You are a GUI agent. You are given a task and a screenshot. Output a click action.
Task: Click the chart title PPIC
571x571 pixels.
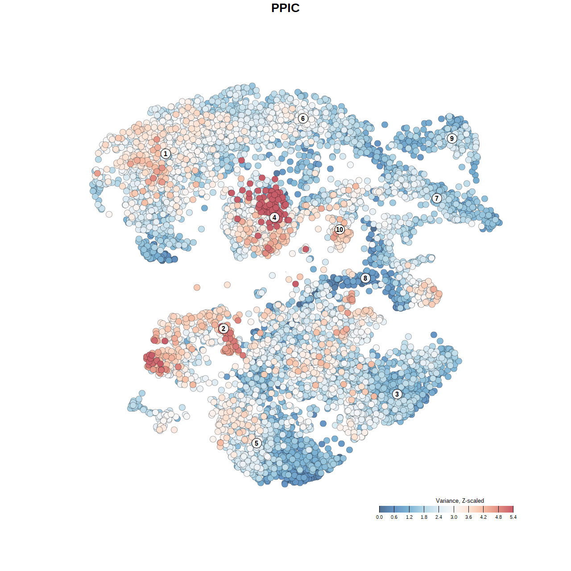tap(285, 8)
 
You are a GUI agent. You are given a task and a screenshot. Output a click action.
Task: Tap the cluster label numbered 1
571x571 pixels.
tap(166, 154)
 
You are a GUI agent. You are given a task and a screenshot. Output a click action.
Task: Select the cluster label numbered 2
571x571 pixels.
tap(223, 329)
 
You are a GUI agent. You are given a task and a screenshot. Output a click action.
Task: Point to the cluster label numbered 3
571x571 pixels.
tap(397, 394)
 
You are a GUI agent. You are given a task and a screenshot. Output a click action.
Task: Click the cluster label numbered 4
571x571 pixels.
tap(274, 217)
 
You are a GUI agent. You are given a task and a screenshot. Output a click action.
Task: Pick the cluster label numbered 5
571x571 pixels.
tap(257, 443)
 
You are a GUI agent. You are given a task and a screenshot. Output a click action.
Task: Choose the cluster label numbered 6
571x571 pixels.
tap(303, 118)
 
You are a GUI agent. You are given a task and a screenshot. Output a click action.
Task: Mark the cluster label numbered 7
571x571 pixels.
tap(437, 198)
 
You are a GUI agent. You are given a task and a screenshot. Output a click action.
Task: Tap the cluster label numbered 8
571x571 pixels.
tap(365, 278)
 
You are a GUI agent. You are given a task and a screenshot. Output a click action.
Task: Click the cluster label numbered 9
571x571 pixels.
tap(452, 138)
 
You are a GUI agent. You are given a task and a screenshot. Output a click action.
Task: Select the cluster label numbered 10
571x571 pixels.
tap(339, 229)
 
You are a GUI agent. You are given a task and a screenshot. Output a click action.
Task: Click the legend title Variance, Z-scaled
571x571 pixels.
tap(459, 501)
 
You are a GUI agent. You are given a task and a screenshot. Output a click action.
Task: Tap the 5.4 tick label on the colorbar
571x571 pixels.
tap(513, 517)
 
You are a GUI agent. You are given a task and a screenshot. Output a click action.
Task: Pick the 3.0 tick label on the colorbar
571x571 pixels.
tap(454, 517)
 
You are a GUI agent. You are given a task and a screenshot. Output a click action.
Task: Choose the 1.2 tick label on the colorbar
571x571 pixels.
tap(409, 517)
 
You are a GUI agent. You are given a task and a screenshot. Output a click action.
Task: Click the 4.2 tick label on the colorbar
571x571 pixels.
tap(484, 517)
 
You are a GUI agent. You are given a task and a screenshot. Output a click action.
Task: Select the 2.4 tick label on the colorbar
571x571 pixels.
tap(439, 517)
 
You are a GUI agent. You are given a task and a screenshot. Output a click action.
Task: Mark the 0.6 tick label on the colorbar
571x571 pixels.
tap(394, 517)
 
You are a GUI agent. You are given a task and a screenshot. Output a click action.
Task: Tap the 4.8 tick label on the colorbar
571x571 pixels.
tap(498, 517)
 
